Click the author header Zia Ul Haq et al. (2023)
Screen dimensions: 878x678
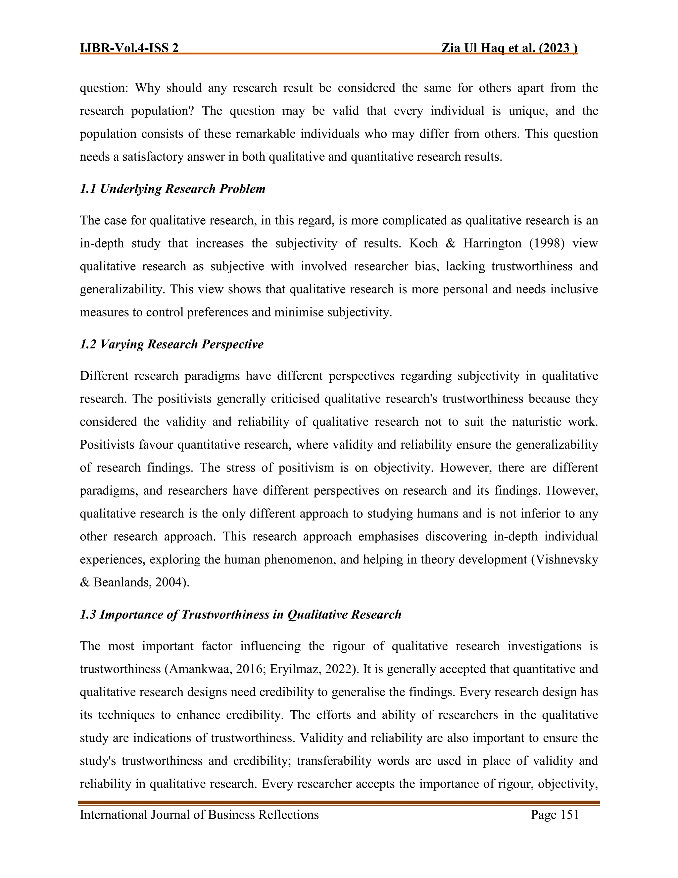pos(509,48)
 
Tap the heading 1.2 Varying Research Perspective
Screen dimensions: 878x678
pos(171,344)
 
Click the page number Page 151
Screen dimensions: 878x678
pos(555,814)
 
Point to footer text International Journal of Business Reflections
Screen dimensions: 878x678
pos(199,814)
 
